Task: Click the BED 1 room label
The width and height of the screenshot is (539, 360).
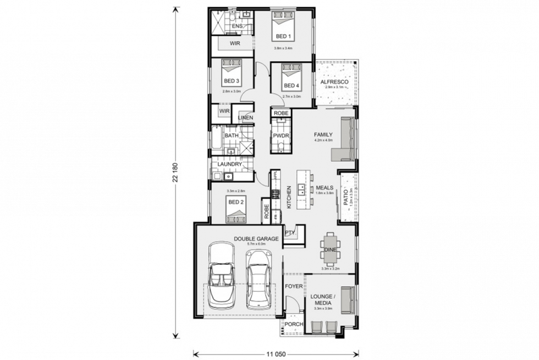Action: pyautogui.click(x=284, y=37)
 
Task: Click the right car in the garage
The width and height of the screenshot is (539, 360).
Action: pyautogui.click(x=257, y=279)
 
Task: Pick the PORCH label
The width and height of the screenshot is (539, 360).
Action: pyautogui.click(x=293, y=325)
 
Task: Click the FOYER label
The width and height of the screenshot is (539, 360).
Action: pyautogui.click(x=294, y=286)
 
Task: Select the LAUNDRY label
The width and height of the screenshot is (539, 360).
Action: pyautogui.click(x=230, y=164)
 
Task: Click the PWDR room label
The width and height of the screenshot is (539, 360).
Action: pyautogui.click(x=280, y=135)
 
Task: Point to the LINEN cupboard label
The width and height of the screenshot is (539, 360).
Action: pyautogui.click(x=245, y=118)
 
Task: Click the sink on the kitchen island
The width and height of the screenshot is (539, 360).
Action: pyautogui.click(x=301, y=190)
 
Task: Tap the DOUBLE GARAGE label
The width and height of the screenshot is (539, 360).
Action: pyautogui.click(x=257, y=238)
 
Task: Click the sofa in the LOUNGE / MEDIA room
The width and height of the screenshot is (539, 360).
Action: pyautogui.click(x=347, y=300)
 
